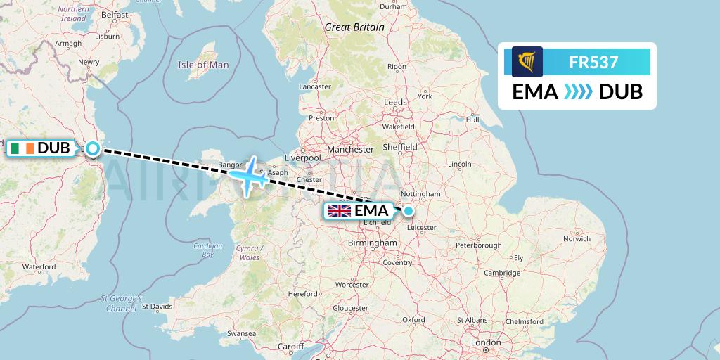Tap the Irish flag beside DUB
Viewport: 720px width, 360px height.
[22, 148]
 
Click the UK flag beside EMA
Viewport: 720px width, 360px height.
[340, 211]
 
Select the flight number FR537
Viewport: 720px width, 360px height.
[593, 62]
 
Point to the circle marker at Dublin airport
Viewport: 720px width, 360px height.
[92, 148]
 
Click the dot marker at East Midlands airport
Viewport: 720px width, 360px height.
[408, 210]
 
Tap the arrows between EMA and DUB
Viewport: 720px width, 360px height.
[578, 92]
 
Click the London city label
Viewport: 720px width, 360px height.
[486, 342]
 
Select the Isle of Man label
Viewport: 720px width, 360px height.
[203, 65]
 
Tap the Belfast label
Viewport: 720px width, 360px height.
[115, 14]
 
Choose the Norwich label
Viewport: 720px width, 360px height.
[577, 238]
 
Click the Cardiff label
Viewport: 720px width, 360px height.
[290, 347]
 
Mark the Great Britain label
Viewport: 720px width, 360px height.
[354, 27]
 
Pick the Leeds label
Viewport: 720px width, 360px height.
[396, 102]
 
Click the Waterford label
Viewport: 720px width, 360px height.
[39, 267]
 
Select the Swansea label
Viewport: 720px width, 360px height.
[241, 333]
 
